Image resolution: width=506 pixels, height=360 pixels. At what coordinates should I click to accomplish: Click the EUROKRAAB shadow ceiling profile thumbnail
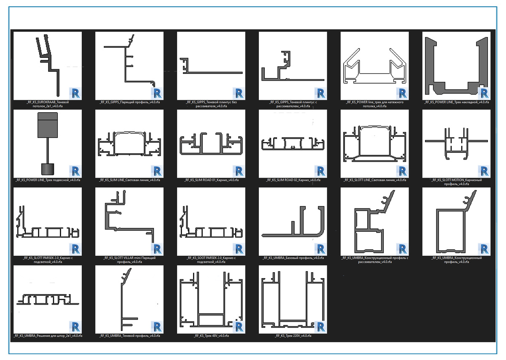pyautogui.click(x=48, y=65)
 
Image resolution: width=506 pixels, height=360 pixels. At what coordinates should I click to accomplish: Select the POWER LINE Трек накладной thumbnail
pyautogui.click(x=457, y=65)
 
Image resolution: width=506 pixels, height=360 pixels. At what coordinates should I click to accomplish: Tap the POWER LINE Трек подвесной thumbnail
pyautogui.click(x=48, y=143)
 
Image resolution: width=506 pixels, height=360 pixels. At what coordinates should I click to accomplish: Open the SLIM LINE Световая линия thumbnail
pyautogui.click(x=129, y=143)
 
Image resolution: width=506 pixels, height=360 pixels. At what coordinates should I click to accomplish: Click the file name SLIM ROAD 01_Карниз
pyautogui.click(x=211, y=180)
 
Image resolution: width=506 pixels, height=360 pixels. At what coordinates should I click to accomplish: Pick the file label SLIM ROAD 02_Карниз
pyautogui.click(x=293, y=180)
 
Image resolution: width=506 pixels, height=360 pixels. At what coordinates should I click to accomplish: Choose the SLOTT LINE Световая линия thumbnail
pyautogui.click(x=375, y=143)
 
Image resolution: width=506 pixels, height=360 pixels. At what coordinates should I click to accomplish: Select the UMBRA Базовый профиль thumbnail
pyautogui.click(x=293, y=222)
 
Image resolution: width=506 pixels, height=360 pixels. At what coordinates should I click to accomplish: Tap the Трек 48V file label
pyautogui.click(x=211, y=336)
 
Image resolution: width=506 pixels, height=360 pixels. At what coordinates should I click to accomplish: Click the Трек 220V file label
pyautogui.click(x=293, y=336)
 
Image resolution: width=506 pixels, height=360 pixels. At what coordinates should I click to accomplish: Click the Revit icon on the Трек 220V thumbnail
pyautogui.click(x=320, y=327)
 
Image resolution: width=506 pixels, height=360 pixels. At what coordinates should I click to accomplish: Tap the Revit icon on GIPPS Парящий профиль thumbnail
pyautogui.click(x=157, y=93)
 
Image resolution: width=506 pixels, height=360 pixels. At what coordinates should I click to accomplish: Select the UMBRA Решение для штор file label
pyautogui.click(x=48, y=336)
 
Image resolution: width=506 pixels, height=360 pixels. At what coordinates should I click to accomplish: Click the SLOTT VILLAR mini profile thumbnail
pyautogui.click(x=129, y=222)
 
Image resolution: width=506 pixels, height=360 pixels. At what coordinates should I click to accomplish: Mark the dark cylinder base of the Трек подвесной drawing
pyautogui.click(x=48, y=169)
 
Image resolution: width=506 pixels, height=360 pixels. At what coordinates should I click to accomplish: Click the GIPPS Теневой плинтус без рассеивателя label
pyautogui.click(x=211, y=104)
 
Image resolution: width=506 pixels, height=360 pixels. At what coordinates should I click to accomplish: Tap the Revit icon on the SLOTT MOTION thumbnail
pyautogui.click(x=484, y=171)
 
